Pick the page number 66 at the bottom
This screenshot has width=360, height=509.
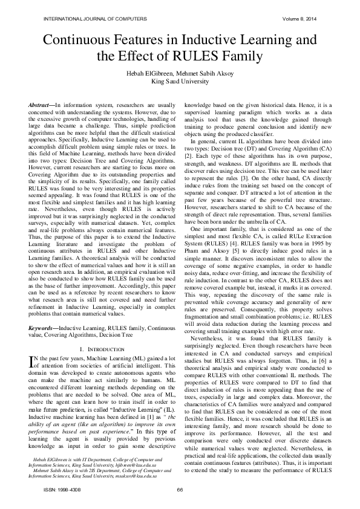(x=180, y=489)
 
